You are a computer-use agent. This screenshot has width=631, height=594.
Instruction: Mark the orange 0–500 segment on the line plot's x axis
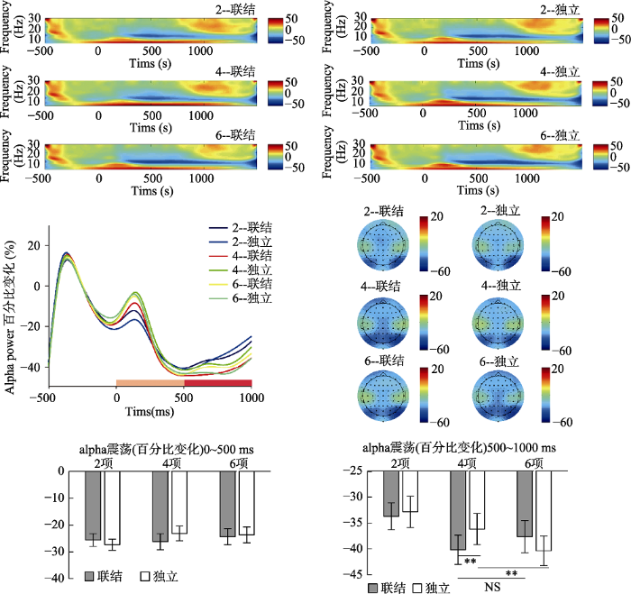click(150, 383)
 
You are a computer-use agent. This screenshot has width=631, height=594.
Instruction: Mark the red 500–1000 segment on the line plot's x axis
click(217, 383)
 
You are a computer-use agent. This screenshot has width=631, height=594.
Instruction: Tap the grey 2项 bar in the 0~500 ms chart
click(93, 505)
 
